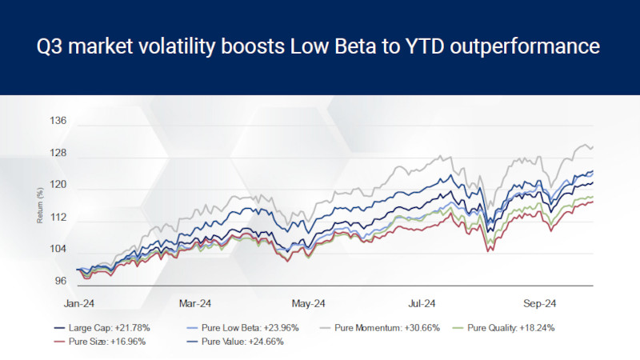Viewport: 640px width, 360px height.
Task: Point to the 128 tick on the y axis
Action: click(x=58, y=154)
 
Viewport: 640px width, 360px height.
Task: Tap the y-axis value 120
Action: click(x=58, y=186)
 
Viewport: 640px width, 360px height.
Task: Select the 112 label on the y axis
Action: click(x=58, y=218)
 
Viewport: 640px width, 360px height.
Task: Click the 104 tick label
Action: click(x=58, y=250)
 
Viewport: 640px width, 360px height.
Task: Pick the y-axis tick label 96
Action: click(x=61, y=282)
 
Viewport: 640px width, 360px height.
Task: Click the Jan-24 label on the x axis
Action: click(x=79, y=304)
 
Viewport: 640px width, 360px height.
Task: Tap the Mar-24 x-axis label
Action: click(x=194, y=304)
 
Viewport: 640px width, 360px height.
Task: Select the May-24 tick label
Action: click(x=309, y=304)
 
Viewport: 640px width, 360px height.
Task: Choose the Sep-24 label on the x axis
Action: click(x=539, y=304)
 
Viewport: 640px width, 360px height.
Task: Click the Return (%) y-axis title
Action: click(x=39, y=205)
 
